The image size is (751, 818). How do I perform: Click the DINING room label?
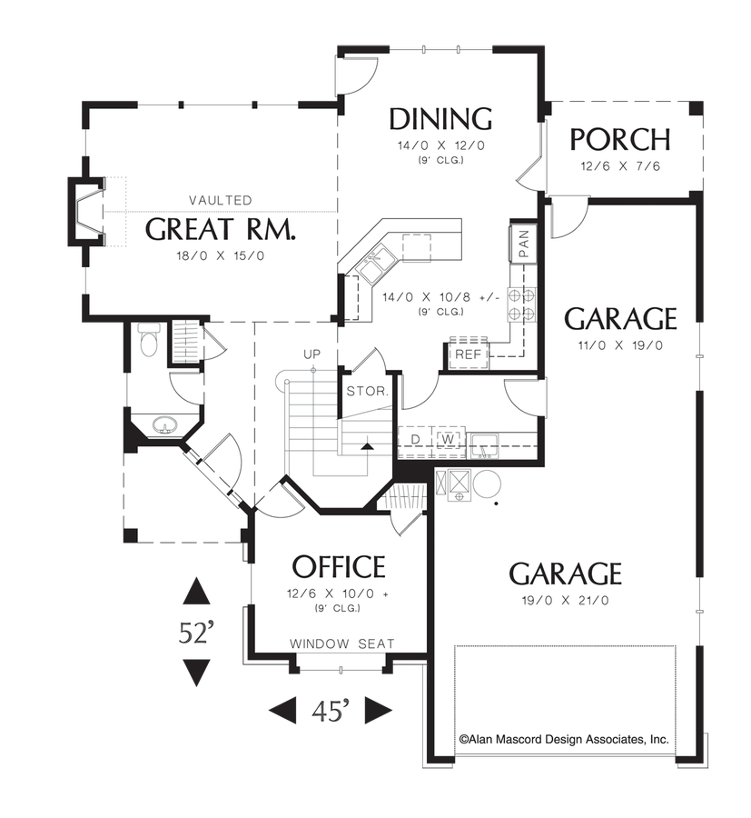pos(440,119)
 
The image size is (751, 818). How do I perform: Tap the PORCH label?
pos(620,139)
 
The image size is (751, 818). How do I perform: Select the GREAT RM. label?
pos(221,229)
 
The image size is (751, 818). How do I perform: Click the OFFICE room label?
pos(339,567)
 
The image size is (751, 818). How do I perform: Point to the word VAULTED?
pos(221,200)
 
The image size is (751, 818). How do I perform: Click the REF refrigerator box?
pos(469,354)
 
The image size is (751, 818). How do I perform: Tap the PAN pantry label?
pos(524,241)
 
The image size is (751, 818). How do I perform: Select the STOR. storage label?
pos(368,392)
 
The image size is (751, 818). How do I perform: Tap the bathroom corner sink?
pos(163,424)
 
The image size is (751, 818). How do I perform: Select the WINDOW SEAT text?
pos(342,643)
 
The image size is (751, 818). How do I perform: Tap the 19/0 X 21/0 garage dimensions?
pos(565,600)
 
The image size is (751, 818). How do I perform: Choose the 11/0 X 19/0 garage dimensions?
pos(620,345)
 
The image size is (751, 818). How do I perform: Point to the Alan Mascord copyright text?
pos(565,740)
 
